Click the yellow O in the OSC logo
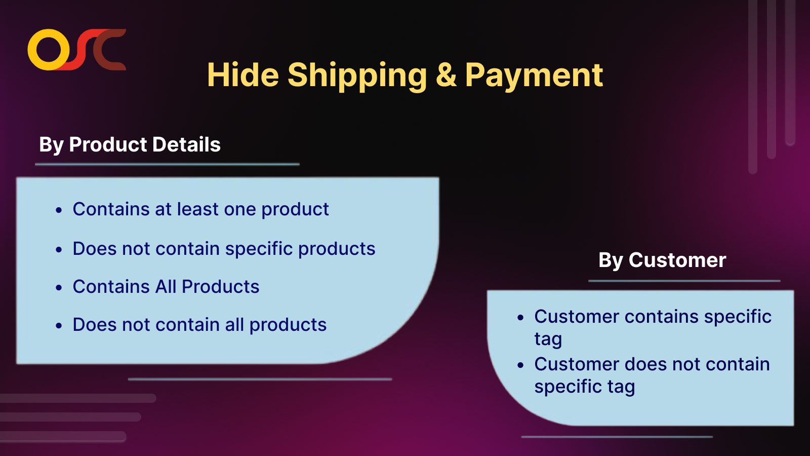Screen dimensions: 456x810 point(49,50)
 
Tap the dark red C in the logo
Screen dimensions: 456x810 point(109,50)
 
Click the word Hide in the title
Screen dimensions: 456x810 point(242,75)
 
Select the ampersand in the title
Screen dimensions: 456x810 point(446,75)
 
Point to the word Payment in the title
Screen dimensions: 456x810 point(534,75)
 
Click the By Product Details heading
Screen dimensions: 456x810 point(130,145)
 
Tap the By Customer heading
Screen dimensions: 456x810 point(662,260)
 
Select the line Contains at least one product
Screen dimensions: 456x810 point(200,209)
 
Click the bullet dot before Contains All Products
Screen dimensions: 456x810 point(59,288)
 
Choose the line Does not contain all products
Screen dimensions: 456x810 point(199,325)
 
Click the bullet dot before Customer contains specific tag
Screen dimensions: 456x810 point(520,318)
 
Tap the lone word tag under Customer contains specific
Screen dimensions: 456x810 point(548,339)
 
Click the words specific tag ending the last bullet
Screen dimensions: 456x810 point(584,387)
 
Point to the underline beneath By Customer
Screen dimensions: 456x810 point(684,281)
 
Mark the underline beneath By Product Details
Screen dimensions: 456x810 point(167,164)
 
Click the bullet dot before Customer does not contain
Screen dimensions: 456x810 point(520,365)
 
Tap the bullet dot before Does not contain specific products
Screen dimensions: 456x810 point(59,250)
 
